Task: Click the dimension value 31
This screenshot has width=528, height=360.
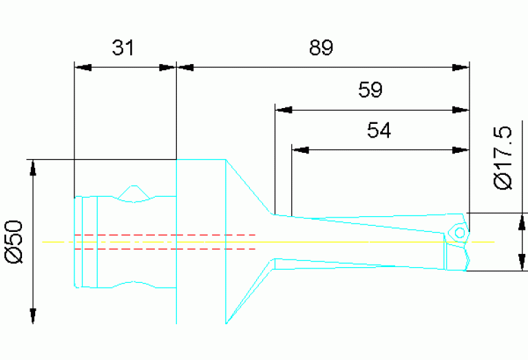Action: [x=124, y=48]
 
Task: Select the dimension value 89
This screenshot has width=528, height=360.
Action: [x=321, y=48]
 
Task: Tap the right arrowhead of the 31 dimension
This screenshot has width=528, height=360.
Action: [x=168, y=67]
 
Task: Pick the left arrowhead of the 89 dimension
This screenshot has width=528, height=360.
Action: [x=186, y=67]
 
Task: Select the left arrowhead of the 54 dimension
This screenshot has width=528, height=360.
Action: [x=300, y=149]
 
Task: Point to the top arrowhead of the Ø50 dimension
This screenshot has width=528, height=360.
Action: [x=32, y=168]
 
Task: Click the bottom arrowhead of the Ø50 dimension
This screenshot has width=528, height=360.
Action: [x=32, y=315]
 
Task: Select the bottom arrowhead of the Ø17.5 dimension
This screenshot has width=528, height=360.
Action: [x=521, y=262]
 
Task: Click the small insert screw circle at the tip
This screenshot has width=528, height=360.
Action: [x=458, y=233]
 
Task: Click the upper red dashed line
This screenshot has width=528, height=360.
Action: [x=165, y=235]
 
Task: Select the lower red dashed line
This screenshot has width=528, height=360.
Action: [x=165, y=248]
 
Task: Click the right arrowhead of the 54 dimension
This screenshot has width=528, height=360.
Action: [x=460, y=149]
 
